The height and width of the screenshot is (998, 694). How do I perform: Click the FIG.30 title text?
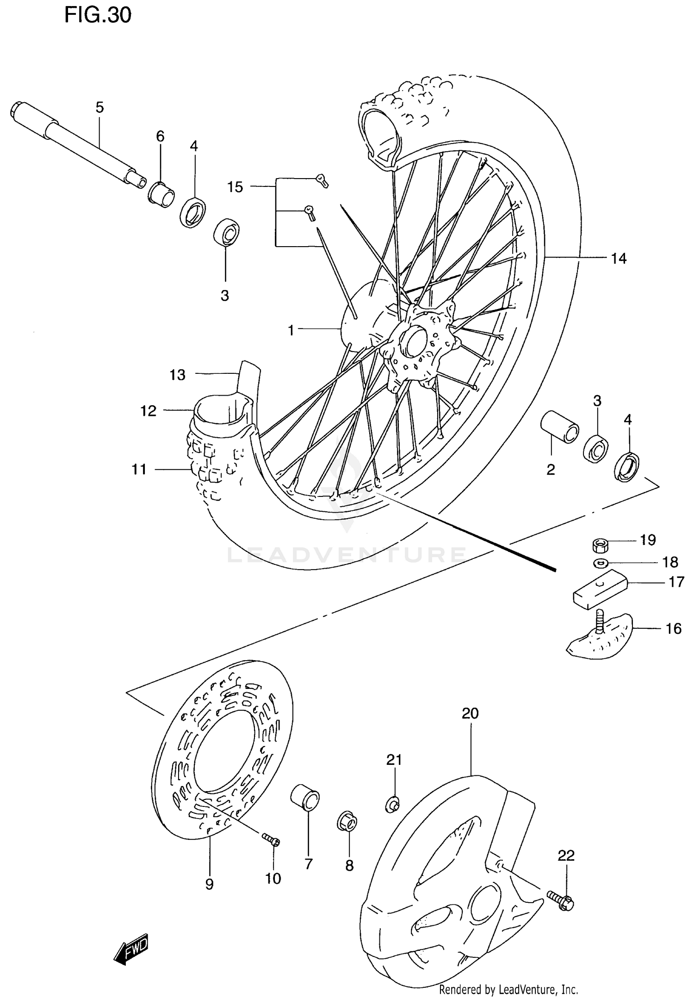(x=98, y=16)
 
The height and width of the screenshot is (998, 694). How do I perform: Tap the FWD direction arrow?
(x=131, y=949)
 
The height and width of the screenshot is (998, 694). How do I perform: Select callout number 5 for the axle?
(x=100, y=108)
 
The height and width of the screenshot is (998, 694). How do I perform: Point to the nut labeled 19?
(x=600, y=545)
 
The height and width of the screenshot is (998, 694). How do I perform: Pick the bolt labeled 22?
(x=560, y=900)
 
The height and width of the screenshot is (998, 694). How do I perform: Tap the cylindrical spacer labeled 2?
(x=560, y=425)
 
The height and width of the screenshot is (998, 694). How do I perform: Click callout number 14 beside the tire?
(x=619, y=258)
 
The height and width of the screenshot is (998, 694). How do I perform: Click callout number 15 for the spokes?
(x=235, y=187)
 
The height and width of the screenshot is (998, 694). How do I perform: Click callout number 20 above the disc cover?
(x=470, y=714)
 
